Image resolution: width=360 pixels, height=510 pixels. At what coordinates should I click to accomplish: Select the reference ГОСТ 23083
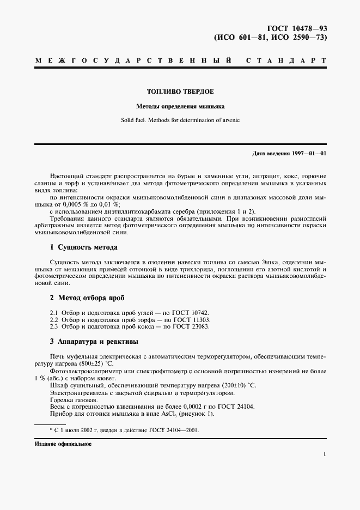[x=191, y=326]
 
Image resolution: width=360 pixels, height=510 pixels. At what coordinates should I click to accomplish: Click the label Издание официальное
[x=63, y=444]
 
